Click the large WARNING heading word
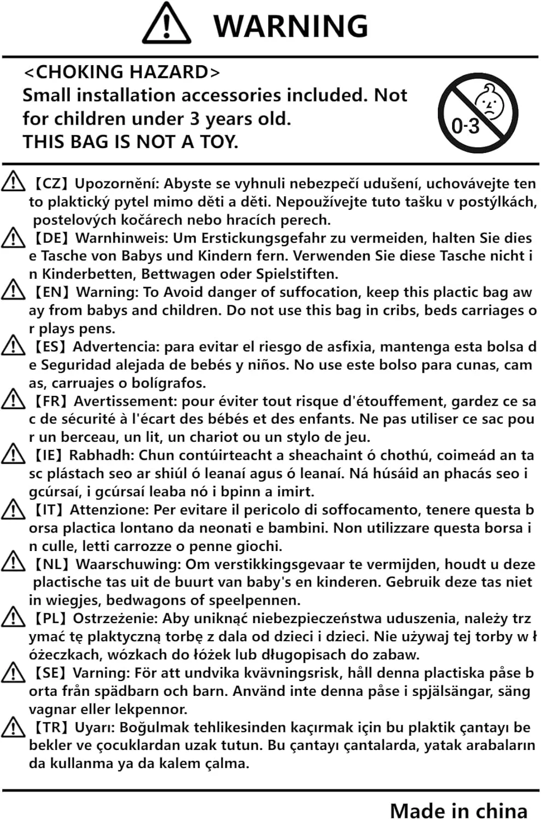point(290,26)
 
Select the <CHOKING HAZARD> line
point(122,72)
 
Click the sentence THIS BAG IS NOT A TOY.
point(130,142)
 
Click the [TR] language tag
point(51,727)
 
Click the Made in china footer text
point(459,810)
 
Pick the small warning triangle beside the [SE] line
point(13,672)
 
